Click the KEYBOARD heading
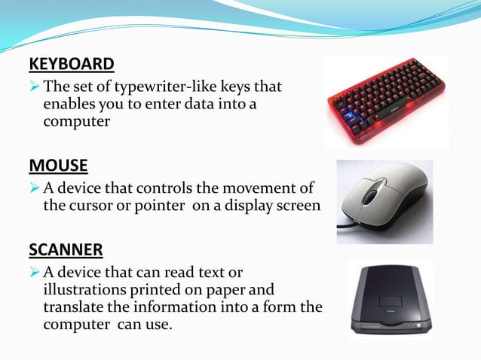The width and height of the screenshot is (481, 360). tap(72, 63)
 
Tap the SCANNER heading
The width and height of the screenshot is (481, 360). tap(66, 249)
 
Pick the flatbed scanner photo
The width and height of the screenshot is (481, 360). tap(390, 300)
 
